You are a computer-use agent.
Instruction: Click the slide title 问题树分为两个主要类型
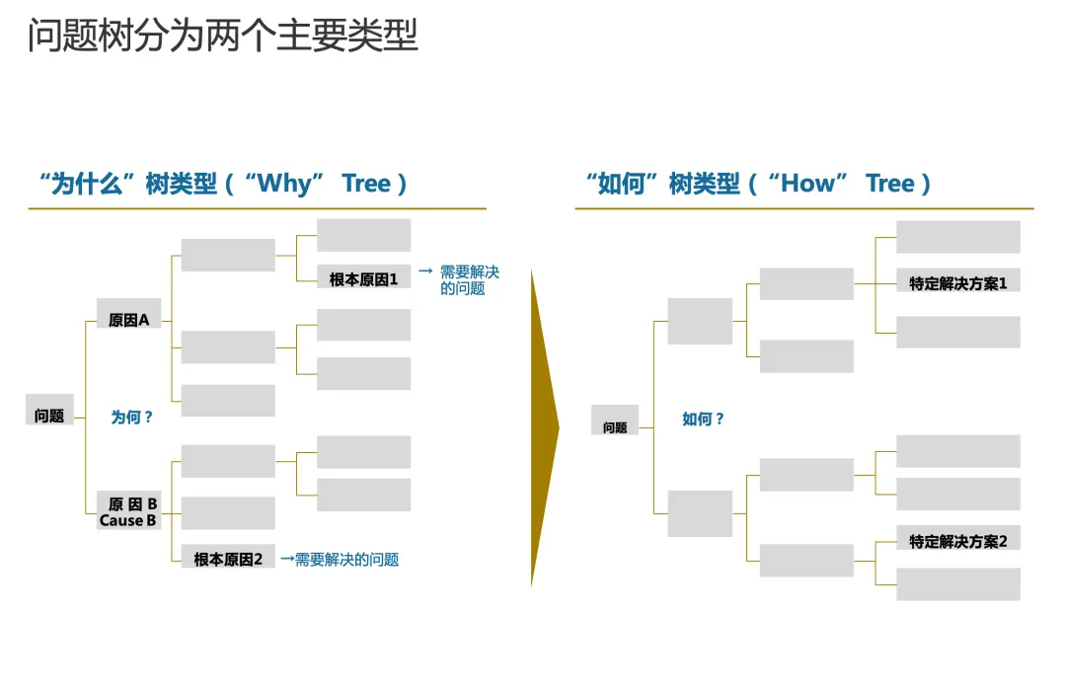(222, 36)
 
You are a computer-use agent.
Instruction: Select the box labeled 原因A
(128, 320)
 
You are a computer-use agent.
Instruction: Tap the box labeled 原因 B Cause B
(128, 511)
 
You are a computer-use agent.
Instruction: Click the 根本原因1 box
(363, 279)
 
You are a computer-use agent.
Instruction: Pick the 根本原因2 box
(228, 559)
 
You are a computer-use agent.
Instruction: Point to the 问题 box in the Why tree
(49, 416)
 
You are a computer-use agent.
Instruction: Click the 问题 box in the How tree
(615, 426)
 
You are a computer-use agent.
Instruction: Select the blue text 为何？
(132, 418)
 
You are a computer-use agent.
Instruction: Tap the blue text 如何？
(703, 420)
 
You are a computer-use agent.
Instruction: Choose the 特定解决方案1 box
(957, 283)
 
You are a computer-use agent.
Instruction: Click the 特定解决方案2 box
(957, 541)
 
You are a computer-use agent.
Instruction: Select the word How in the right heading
(806, 184)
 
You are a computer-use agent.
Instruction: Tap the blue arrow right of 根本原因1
(425, 270)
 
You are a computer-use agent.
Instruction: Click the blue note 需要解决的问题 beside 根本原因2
(346, 560)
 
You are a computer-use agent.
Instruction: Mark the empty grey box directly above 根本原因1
(363, 235)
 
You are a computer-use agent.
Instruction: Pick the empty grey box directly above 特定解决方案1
(957, 237)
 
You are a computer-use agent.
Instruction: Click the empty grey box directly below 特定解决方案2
(957, 583)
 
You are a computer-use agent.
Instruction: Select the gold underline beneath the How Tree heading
(803, 208)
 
